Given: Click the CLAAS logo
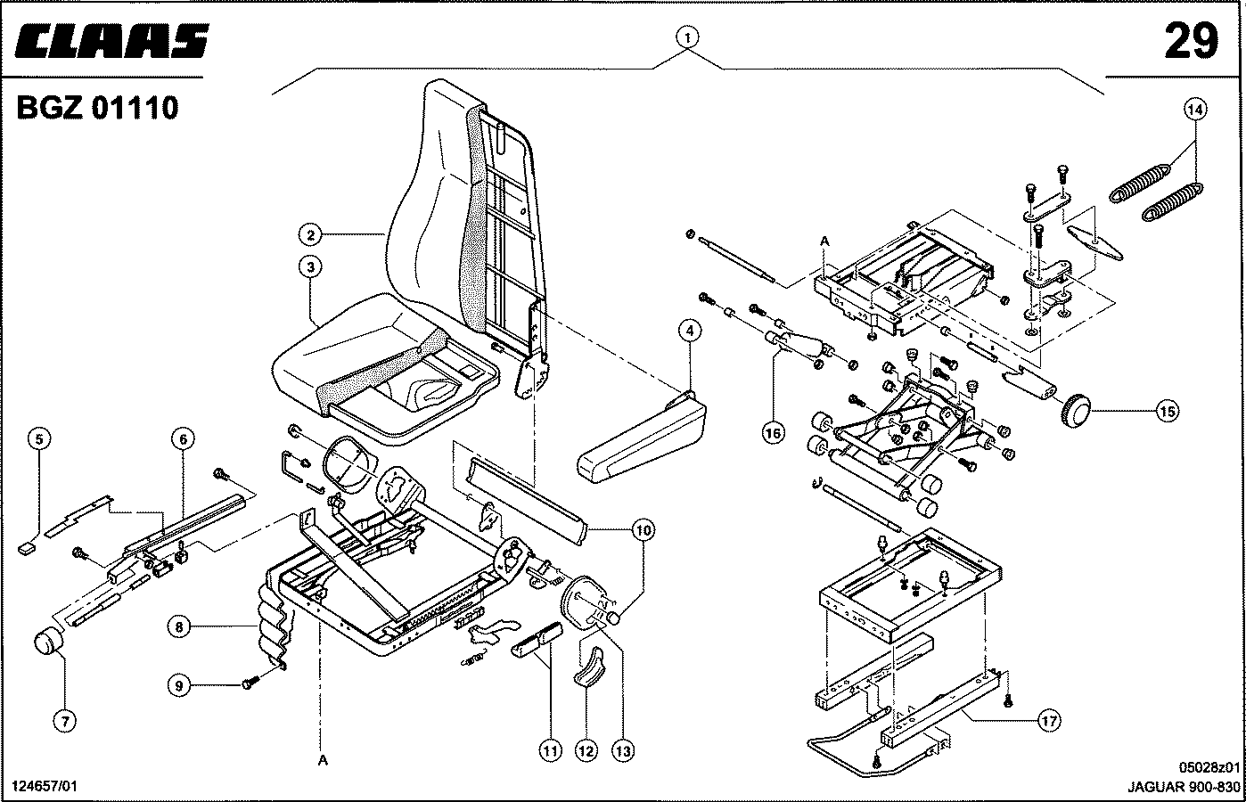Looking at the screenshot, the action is (111, 41).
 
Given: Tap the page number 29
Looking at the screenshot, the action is (1191, 41).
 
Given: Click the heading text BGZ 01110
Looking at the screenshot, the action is (97, 107).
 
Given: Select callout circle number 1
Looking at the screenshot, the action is (687, 37).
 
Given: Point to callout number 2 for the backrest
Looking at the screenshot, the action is (310, 234).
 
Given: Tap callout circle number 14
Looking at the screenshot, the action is (1195, 110).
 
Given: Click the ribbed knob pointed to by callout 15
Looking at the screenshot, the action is (1075, 411).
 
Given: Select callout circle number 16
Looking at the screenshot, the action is (774, 433).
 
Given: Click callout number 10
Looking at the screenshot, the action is (643, 530).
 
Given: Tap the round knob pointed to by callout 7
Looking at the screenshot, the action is (48, 642).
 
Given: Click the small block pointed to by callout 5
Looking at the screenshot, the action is (26, 549).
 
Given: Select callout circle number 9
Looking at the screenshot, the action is (178, 685).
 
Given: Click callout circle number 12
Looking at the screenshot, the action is (586, 751).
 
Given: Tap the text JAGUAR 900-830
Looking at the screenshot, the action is (1184, 787).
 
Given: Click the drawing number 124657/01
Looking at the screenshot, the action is (45, 786).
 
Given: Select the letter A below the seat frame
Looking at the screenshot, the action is (323, 760).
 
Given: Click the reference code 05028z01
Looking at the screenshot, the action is (1209, 767).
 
